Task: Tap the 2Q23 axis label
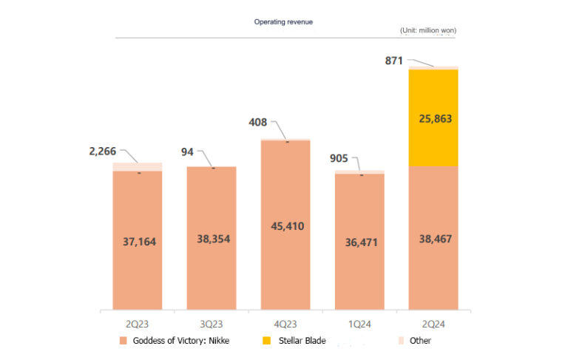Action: pyautogui.click(x=137, y=324)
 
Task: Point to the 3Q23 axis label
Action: pyautogui.click(x=211, y=324)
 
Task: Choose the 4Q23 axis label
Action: pyautogui.click(x=285, y=324)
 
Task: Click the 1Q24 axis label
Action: pyautogui.click(x=359, y=324)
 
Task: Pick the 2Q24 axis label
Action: pyautogui.click(x=433, y=324)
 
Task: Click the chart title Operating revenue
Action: pyautogui.click(x=283, y=22)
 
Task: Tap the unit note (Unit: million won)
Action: pyautogui.click(x=427, y=30)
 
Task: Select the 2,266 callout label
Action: pyautogui.click(x=103, y=152)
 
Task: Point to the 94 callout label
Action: pyautogui.click(x=188, y=152)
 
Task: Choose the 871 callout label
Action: pyautogui.click(x=393, y=61)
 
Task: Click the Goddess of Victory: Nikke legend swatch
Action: pyautogui.click(x=122, y=341)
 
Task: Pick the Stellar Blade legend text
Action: pyautogui.click(x=302, y=341)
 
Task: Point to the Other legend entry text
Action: pyautogui.click(x=420, y=341)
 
